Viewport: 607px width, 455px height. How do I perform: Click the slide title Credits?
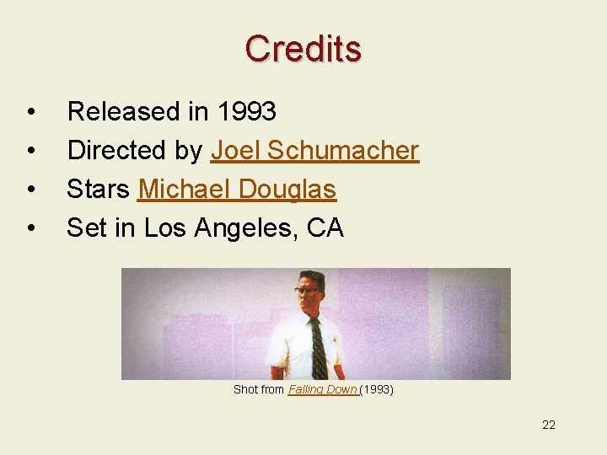pos(303,49)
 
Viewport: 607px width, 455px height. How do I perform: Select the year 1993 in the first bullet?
pos(247,112)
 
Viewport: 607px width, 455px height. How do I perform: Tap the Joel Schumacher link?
pos(314,151)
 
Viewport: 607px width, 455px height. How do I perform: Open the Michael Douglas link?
pos(237,190)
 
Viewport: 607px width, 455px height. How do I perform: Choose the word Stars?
pos(99,190)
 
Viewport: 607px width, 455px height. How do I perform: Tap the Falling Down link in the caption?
pos(323,390)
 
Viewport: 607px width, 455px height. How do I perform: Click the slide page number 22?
pos(549,425)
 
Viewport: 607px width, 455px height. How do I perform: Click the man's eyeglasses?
pos(307,291)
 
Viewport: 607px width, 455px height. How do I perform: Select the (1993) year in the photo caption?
pos(377,390)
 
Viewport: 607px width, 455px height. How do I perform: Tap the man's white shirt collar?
pos(309,317)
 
